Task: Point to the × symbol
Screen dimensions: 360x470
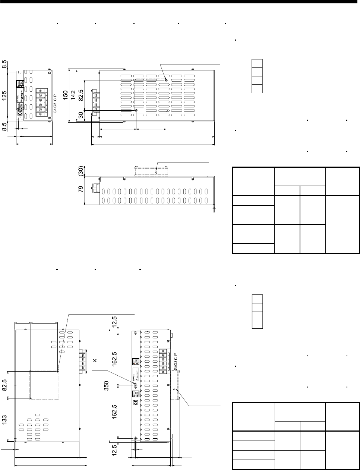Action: click(x=95, y=361)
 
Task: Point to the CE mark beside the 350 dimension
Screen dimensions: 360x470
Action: click(x=136, y=402)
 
